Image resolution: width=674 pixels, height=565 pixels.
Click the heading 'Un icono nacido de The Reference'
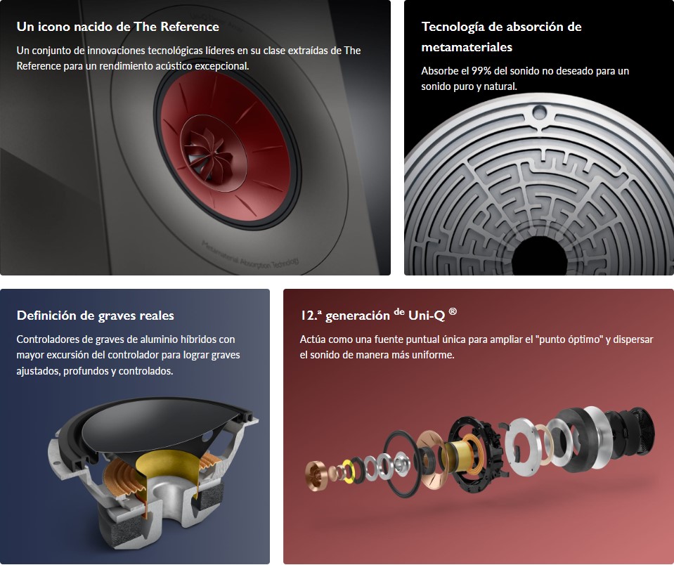[118, 27]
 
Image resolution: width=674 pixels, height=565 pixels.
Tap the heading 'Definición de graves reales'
[96, 316]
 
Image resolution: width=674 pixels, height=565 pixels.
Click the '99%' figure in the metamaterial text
[481, 71]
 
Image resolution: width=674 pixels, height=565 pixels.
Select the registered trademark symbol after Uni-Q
[453, 311]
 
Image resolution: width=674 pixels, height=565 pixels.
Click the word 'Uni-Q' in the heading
[427, 316]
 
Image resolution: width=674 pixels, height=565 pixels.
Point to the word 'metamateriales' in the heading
[467, 47]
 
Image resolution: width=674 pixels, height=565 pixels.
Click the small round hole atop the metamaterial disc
[539, 112]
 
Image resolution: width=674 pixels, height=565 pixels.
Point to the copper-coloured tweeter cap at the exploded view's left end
[318, 475]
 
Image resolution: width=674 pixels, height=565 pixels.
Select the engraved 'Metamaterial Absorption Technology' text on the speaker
[249, 254]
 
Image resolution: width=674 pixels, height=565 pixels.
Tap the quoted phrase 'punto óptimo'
[569, 339]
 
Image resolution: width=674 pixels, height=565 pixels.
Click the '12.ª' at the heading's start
[311, 316]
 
